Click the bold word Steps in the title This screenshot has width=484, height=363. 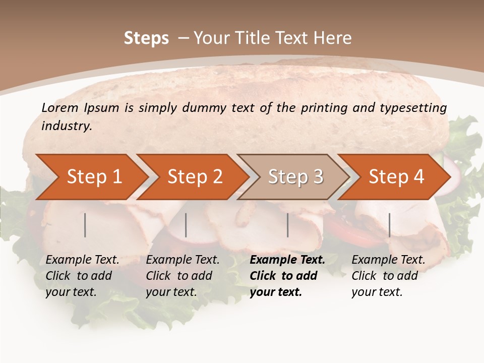click(146, 38)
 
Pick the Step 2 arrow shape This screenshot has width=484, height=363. click(195, 176)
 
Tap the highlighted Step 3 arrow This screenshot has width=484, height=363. click(295, 176)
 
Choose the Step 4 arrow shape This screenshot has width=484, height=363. click(396, 176)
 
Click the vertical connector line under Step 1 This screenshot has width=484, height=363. click(85, 225)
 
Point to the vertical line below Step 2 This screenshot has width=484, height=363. click(186, 225)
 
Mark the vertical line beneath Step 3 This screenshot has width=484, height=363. click(288, 225)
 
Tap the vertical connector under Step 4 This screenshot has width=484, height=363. click(390, 225)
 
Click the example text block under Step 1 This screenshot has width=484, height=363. click(82, 276)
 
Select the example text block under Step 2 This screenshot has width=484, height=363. click(183, 276)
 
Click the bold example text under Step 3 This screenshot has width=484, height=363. click(287, 276)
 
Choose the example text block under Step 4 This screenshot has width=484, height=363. click(388, 276)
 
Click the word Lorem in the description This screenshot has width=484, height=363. click(59, 107)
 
